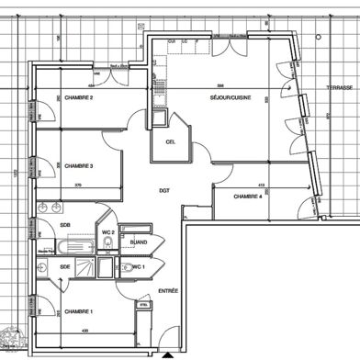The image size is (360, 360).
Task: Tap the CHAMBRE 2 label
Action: (x=79, y=98)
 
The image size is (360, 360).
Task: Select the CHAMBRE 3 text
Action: (x=79, y=166)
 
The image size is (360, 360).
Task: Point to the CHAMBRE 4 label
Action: (x=248, y=197)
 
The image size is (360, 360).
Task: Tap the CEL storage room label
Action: (x=171, y=142)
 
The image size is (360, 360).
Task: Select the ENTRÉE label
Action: (x=168, y=291)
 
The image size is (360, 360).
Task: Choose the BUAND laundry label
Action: (x=140, y=242)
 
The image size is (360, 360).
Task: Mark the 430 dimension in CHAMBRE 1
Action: (x=84, y=331)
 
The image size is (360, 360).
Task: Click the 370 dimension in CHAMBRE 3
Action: (x=78, y=185)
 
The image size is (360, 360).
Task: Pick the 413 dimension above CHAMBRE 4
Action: (x=261, y=185)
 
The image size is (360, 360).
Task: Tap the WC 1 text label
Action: (x=138, y=267)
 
